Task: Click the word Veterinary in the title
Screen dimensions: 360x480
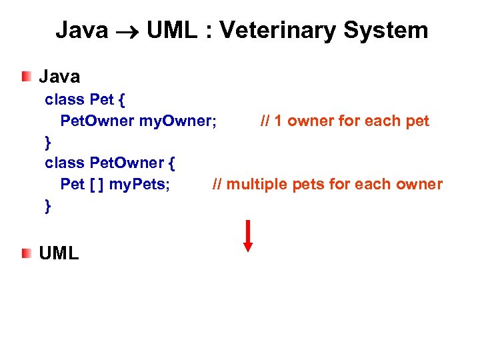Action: tap(273, 31)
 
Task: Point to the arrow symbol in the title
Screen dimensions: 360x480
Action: tap(127, 31)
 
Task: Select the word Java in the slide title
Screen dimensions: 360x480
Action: tap(81, 31)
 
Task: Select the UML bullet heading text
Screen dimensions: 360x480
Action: tap(59, 253)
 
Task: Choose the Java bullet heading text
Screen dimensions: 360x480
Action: tap(59, 77)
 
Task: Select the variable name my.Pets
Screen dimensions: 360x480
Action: tap(139, 184)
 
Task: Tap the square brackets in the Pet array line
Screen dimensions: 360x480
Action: tap(97, 184)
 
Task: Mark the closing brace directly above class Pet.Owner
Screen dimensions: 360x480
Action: tap(47, 142)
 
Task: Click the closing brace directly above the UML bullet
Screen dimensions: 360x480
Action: tap(47, 206)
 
